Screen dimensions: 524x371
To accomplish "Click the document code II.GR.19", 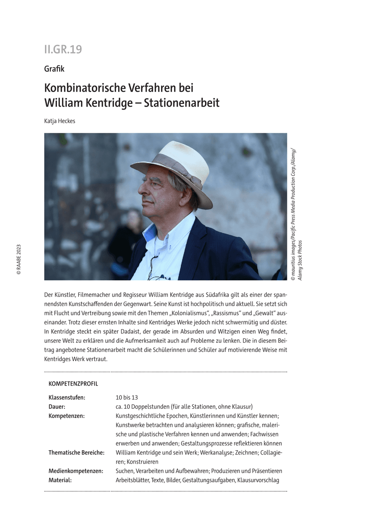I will [x=63, y=49].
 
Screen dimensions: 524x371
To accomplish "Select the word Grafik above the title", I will [x=54, y=69].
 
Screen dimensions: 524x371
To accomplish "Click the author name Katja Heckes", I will [x=59, y=121].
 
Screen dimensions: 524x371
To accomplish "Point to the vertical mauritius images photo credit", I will [x=296, y=214].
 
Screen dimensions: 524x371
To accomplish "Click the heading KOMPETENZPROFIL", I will [x=73, y=384].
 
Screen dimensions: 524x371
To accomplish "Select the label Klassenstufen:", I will [x=67, y=397].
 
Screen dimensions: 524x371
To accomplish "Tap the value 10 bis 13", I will [x=127, y=397].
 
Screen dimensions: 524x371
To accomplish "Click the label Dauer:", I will [x=57, y=407].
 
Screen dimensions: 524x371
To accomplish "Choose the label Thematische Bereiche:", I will [x=77, y=453].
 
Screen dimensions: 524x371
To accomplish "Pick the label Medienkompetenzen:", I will [x=76, y=471].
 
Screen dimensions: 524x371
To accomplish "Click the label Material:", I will [x=60, y=480].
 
